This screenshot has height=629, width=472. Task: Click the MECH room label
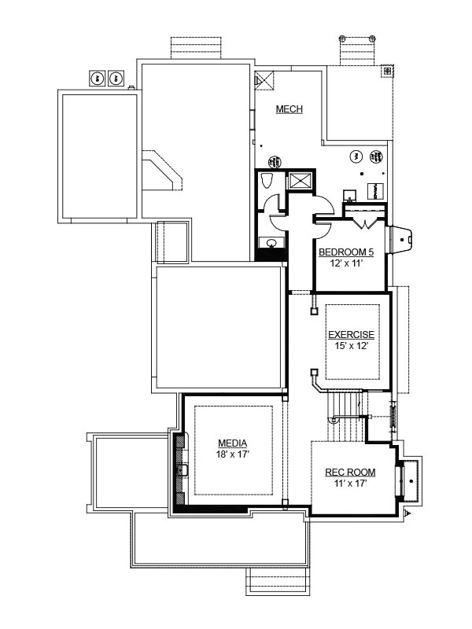289,109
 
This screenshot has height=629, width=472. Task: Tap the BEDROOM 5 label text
346,252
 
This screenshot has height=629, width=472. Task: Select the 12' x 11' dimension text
346,263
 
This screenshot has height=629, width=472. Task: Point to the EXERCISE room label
351,335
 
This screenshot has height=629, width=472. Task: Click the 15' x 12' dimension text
352,346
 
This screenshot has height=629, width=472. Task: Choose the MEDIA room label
232,443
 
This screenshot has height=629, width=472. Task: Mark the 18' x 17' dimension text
233,454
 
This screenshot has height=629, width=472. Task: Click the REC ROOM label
350,473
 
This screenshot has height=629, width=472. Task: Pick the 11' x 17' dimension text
350,483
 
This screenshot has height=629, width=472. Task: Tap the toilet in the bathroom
267,180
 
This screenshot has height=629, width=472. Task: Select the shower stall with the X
301,180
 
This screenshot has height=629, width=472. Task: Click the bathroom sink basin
271,242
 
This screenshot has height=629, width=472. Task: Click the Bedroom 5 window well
399,240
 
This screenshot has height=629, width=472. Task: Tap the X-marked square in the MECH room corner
264,81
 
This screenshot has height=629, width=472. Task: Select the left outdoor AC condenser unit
97,78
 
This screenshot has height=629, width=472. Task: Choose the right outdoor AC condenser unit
116,78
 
